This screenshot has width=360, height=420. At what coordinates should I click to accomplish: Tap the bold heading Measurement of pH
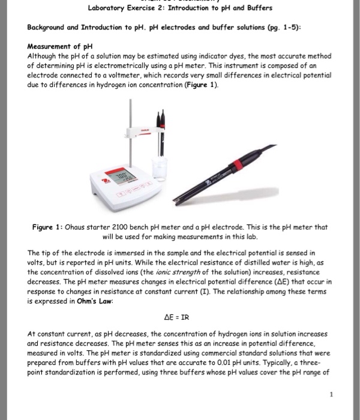coord(59,47)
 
